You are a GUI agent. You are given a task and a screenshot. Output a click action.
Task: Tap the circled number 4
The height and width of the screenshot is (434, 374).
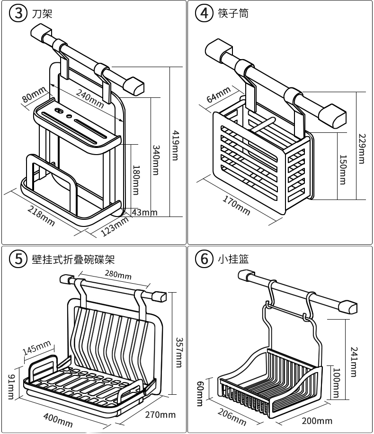click(x=205, y=13)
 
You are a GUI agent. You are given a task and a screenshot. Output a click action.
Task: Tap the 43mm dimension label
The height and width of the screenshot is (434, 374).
click(x=144, y=212)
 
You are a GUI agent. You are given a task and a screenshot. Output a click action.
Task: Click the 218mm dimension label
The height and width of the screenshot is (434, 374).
click(x=41, y=216)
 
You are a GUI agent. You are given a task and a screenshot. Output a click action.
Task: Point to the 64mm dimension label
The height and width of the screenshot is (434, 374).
click(x=219, y=94)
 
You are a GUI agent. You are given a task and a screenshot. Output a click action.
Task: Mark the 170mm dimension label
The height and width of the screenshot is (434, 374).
click(x=236, y=204)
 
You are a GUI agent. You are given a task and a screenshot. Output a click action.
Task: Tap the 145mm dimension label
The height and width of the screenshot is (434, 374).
click(x=36, y=348)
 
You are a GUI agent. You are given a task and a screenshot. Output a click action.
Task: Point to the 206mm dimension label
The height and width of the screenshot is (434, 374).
click(x=232, y=416)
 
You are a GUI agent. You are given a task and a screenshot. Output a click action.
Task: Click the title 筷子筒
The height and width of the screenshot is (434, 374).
click(x=233, y=13)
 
